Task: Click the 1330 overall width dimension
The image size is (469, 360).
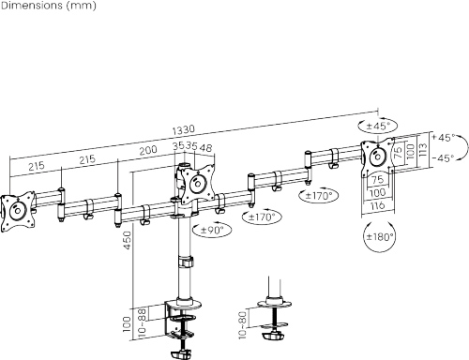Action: (184, 129)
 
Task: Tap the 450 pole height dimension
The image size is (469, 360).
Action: (128, 240)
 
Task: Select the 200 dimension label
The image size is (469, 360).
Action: (148, 151)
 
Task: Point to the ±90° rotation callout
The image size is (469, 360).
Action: (212, 231)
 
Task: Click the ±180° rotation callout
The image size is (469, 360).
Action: (379, 237)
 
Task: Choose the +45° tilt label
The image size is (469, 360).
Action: (444, 138)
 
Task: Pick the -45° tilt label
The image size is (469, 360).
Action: (444, 158)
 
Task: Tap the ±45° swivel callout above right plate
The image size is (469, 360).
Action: (378, 127)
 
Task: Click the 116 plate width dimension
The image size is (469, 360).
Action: (378, 205)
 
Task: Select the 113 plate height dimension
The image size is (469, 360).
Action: (422, 150)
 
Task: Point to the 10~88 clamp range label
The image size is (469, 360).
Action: (142, 322)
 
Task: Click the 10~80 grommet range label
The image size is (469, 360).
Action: (243, 324)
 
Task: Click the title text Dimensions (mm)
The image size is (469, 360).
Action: (49, 6)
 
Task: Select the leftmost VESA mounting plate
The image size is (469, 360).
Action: (18, 212)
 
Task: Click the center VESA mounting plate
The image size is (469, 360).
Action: (197, 184)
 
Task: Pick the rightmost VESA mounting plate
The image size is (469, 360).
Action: (378, 157)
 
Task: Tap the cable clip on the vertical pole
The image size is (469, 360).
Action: (186, 262)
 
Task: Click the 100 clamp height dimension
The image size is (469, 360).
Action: (127, 324)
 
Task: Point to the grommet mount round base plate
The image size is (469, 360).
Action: (274, 303)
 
